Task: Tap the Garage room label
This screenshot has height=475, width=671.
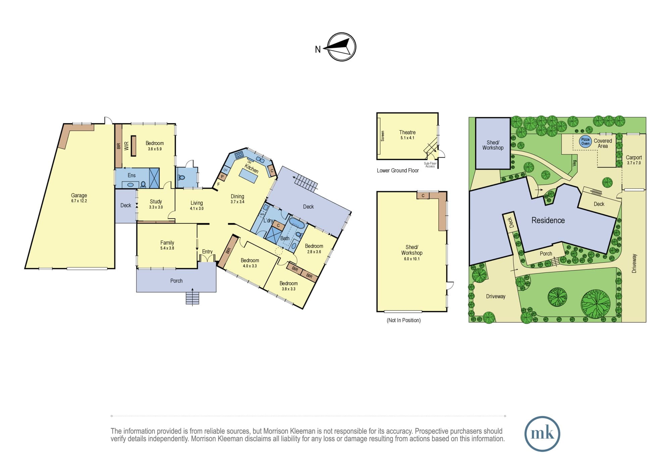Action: point(79,196)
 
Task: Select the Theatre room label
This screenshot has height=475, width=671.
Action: point(407,132)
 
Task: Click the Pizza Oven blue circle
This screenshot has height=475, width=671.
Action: point(585,141)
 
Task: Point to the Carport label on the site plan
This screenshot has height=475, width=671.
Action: point(634,157)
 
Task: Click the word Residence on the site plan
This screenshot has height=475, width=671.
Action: point(548,220)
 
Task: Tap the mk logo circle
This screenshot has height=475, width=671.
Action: point(542,434)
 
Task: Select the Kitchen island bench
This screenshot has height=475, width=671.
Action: point(249,176)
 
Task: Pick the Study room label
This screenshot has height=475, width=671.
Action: point(156,202)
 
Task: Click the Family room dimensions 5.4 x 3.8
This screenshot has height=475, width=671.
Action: point(167,248)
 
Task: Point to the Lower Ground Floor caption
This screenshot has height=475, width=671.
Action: point(398,171)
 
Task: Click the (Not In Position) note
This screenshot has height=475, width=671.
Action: point(404,320)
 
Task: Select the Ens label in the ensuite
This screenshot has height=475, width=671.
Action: point(132,175)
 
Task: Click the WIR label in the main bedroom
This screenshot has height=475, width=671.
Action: point(126,146)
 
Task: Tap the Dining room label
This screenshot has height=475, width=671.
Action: point(238,197)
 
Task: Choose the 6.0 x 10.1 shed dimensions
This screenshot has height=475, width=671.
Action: point(412,259)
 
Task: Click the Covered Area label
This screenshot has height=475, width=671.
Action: point(603,143)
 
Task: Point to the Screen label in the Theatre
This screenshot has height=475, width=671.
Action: point(382,136)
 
